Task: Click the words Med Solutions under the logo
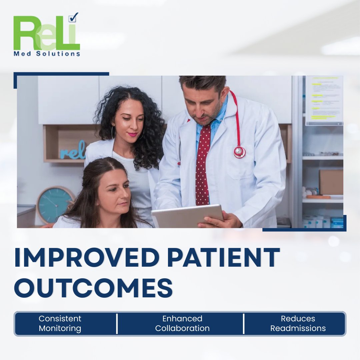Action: point(47,54)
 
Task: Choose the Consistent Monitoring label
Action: point(60,323)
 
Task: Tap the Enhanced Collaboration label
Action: point(182,323)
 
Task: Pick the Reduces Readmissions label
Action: point(298,323)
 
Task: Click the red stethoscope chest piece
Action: point(239,152)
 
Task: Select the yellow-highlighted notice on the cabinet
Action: point(324,100)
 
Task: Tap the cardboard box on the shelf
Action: point(331,182)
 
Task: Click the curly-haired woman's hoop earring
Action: point(113,133)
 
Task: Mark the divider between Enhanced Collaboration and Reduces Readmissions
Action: point(244,323)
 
